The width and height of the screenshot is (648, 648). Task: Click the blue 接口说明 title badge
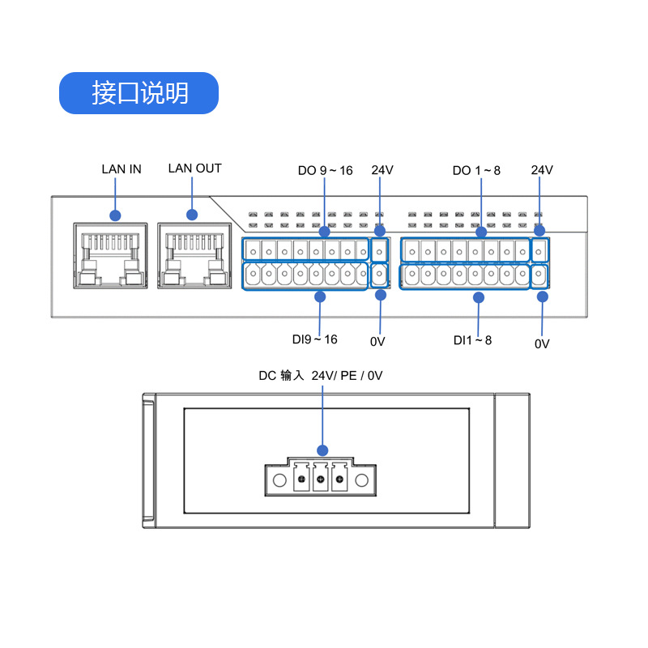pyautogui.click(x=139, y=93)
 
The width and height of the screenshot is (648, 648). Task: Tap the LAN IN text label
pyautogui.click(x=122, y=169)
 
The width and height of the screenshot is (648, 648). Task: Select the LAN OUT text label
pyautogui.click(x=194, y=168)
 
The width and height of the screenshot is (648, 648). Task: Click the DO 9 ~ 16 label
pyautogui.click(x=325, y=170)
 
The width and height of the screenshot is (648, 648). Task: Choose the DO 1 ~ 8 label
pyautogui.click(x=476, y=170)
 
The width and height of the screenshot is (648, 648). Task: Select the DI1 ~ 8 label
pyautogui.click(x=472, y=340)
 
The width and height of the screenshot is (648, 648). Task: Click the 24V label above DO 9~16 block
pyautogui.click(x=382, y=170)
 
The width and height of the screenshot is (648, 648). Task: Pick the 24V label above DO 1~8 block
pyautogui.click(x=542, y=170)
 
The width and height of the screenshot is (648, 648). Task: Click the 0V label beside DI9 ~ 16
pyautogui.click(x=377, y=342)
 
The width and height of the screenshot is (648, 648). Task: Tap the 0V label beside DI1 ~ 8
pyautogui.click(x=542, y=343)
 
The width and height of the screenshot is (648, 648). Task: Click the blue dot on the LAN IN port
pyautogui.click(x=115, y=215)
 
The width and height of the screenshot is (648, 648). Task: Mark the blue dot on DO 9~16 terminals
pyautogui.click(x=324, y=232)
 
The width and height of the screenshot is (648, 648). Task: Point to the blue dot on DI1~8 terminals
pyautogui.click(x=478, y=297)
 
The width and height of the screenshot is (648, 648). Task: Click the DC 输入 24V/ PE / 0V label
pyautogui.click(x=321, y=376)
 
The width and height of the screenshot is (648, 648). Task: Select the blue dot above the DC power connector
pyautogui.click(x=322, y=450)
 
